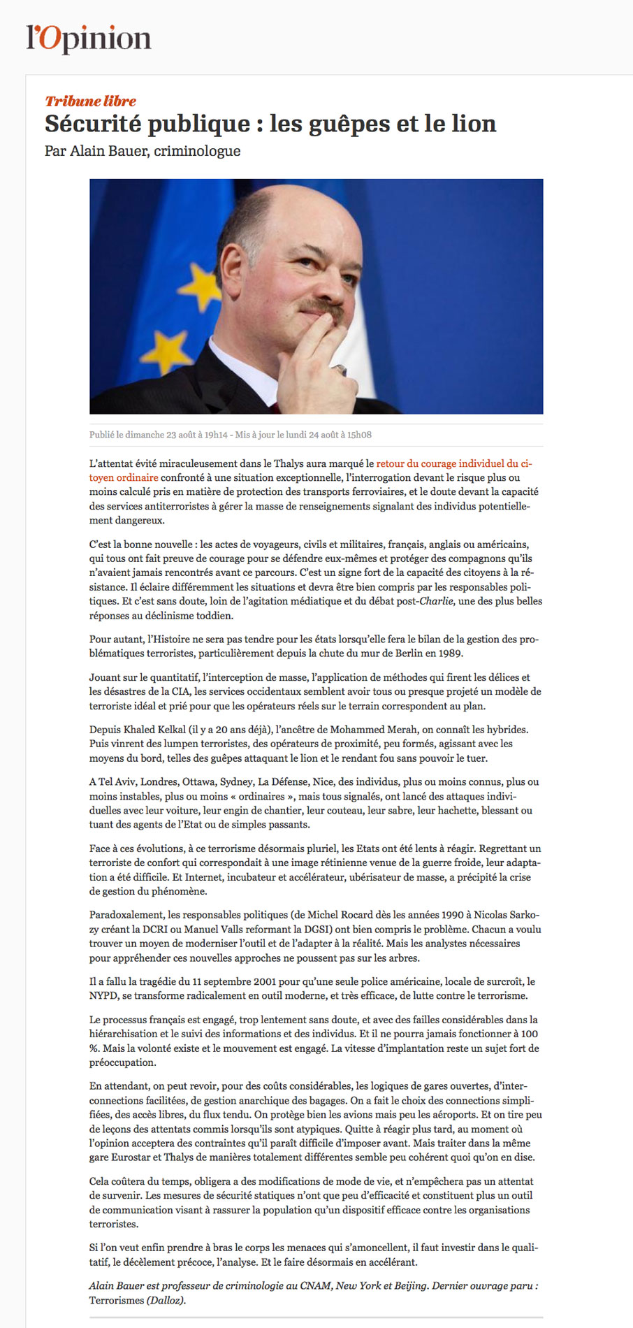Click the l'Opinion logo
[x=89, y=39]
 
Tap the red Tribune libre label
[x=90, y=101]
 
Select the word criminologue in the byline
[x=197, y=151]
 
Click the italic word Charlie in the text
[x=435, y=601]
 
